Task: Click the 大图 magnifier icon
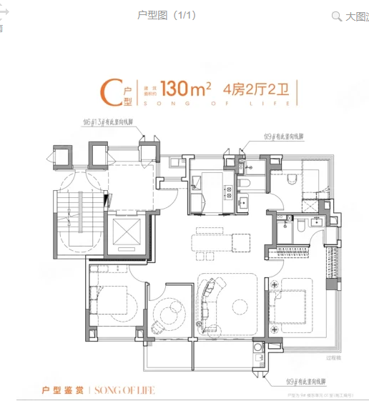336,16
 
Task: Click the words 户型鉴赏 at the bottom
64,391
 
